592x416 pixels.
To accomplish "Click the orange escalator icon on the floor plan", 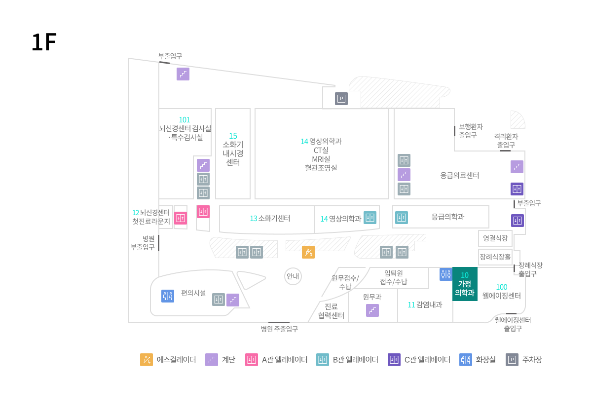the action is point(308,252).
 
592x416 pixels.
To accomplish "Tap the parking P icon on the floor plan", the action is point(341,99).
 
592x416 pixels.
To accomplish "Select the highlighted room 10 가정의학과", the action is point(465,284).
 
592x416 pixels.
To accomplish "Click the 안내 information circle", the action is point(293,276).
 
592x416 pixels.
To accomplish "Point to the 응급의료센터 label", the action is point(459,175).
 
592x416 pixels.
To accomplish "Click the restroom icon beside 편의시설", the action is point(168,296).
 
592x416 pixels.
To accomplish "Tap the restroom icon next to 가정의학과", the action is point(446,274).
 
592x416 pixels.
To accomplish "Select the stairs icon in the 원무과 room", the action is point(372,310).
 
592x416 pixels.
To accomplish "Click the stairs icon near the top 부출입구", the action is point(183,74).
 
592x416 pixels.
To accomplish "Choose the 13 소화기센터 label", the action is point(270,218).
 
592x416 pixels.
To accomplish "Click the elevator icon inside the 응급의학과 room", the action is point(402,218).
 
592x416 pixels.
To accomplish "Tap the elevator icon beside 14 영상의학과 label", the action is point(370,218).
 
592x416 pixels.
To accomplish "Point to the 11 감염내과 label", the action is point(425,305).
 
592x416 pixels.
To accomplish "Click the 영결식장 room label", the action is point(495,238).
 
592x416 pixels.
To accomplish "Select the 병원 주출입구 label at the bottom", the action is point(279,329).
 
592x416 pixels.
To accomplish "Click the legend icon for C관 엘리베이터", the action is point(394,360).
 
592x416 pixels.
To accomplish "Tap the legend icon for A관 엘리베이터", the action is point(251,360).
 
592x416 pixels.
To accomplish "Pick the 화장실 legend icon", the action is point(466,360).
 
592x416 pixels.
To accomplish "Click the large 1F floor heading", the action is point(44,42).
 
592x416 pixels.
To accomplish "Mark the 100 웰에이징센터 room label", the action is point(501,291).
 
